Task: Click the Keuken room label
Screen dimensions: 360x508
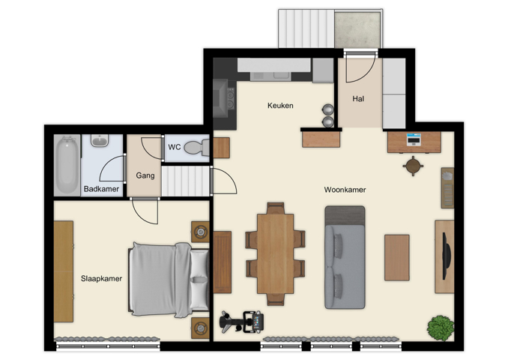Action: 280,106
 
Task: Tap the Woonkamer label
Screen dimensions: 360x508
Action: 345,190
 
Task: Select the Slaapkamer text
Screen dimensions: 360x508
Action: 101,278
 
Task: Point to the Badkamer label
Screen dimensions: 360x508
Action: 101,189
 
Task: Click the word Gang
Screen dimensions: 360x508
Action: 145,175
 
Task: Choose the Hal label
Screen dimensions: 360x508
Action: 358,98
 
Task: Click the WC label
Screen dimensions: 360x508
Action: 174,147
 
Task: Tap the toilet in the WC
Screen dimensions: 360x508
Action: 196,148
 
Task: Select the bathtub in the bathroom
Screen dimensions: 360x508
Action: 68,163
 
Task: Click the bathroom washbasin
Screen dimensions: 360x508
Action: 99,140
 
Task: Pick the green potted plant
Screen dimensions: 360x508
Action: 440,327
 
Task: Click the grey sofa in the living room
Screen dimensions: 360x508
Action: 345,256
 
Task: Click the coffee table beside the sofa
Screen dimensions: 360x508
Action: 397,257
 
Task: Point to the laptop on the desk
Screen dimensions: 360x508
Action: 414,139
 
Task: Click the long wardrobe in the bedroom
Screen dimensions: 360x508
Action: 64,271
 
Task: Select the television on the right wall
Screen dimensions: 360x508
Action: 447,255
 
